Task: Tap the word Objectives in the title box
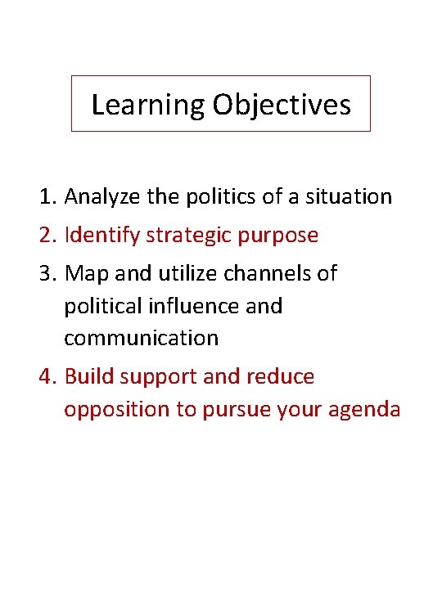click(281, 105)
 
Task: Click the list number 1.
click(46, 197)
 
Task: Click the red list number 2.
click(46, 236)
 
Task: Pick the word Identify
click(101, 236)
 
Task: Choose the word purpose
click(280, 236)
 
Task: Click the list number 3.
click(46, 273)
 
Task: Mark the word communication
click(141, 338)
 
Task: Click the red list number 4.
click(47, 376)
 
